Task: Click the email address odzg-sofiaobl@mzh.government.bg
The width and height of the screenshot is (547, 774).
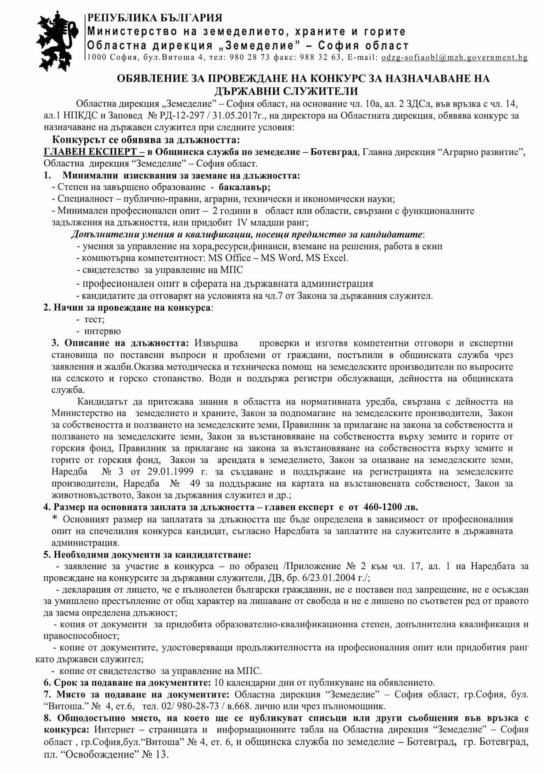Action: pyautogui.click(x=454, y=57)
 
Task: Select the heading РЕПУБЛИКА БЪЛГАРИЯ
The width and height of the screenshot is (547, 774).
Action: pyautogui.click(x=155, y=18)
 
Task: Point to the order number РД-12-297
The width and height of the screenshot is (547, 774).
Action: pyautogui.click(x=180, y=116)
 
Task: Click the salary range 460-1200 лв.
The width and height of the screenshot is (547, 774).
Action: pyautogui.click(x=390, y=507)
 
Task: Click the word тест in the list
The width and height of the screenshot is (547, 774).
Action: pyautogui.click(x=94, y=319)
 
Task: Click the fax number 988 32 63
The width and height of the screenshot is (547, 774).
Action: pyautogui.click(x=320, y=57)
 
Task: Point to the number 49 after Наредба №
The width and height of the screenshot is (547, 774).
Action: pyautogui.click(x=195, y=484)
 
